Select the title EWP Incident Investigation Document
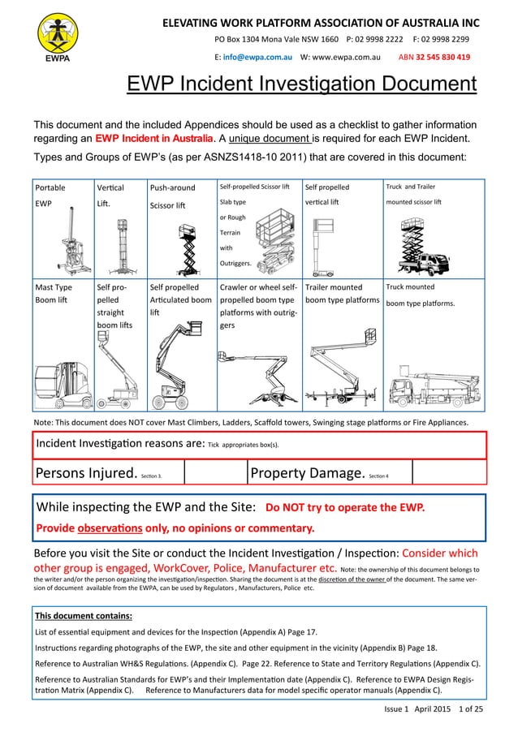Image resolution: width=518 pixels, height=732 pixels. click(300, 84)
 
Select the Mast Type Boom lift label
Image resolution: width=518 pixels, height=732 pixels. click(54, 295)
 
